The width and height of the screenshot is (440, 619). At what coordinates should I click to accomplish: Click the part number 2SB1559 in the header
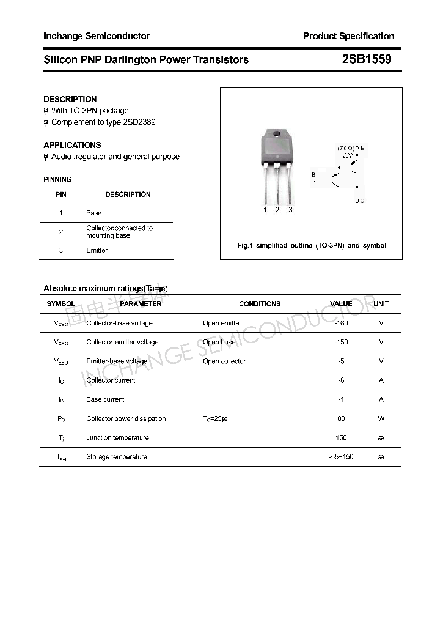(x=367, y=59)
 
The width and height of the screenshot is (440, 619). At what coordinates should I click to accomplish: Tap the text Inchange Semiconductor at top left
(x=97, y=36)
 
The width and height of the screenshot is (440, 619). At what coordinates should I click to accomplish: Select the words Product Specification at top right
(x=348, y=36)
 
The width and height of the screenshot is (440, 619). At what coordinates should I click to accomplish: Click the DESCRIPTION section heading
(x=70, y=99)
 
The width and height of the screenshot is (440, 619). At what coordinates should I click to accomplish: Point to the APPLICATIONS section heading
(x=72, y=145)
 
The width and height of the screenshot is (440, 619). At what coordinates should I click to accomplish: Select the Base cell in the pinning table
(x=94, y=213)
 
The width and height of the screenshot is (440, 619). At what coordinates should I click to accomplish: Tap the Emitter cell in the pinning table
(x=97, y=250)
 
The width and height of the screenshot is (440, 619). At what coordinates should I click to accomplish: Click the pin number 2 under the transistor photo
(x=277, y=210)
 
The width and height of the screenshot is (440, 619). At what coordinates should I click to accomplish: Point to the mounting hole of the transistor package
(x=277, y=134)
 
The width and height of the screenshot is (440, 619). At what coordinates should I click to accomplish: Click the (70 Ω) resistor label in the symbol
(x=346, y=149)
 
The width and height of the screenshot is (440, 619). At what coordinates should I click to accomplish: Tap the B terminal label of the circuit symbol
(x=313, y=176)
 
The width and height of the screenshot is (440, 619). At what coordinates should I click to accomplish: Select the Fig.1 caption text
(x=311, y=245)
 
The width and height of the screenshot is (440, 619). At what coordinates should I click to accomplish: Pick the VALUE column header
(x=341, y=304)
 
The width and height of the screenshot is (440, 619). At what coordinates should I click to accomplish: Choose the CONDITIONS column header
(x=260, y=304)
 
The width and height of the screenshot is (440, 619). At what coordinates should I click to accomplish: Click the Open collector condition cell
(x=224, y=361)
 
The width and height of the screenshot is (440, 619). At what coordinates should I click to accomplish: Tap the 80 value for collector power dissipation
(x=341, y=418)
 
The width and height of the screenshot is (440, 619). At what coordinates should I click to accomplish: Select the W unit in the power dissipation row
(x=381, y=418)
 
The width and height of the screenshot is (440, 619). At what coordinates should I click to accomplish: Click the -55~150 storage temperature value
(x=341, y=457)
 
